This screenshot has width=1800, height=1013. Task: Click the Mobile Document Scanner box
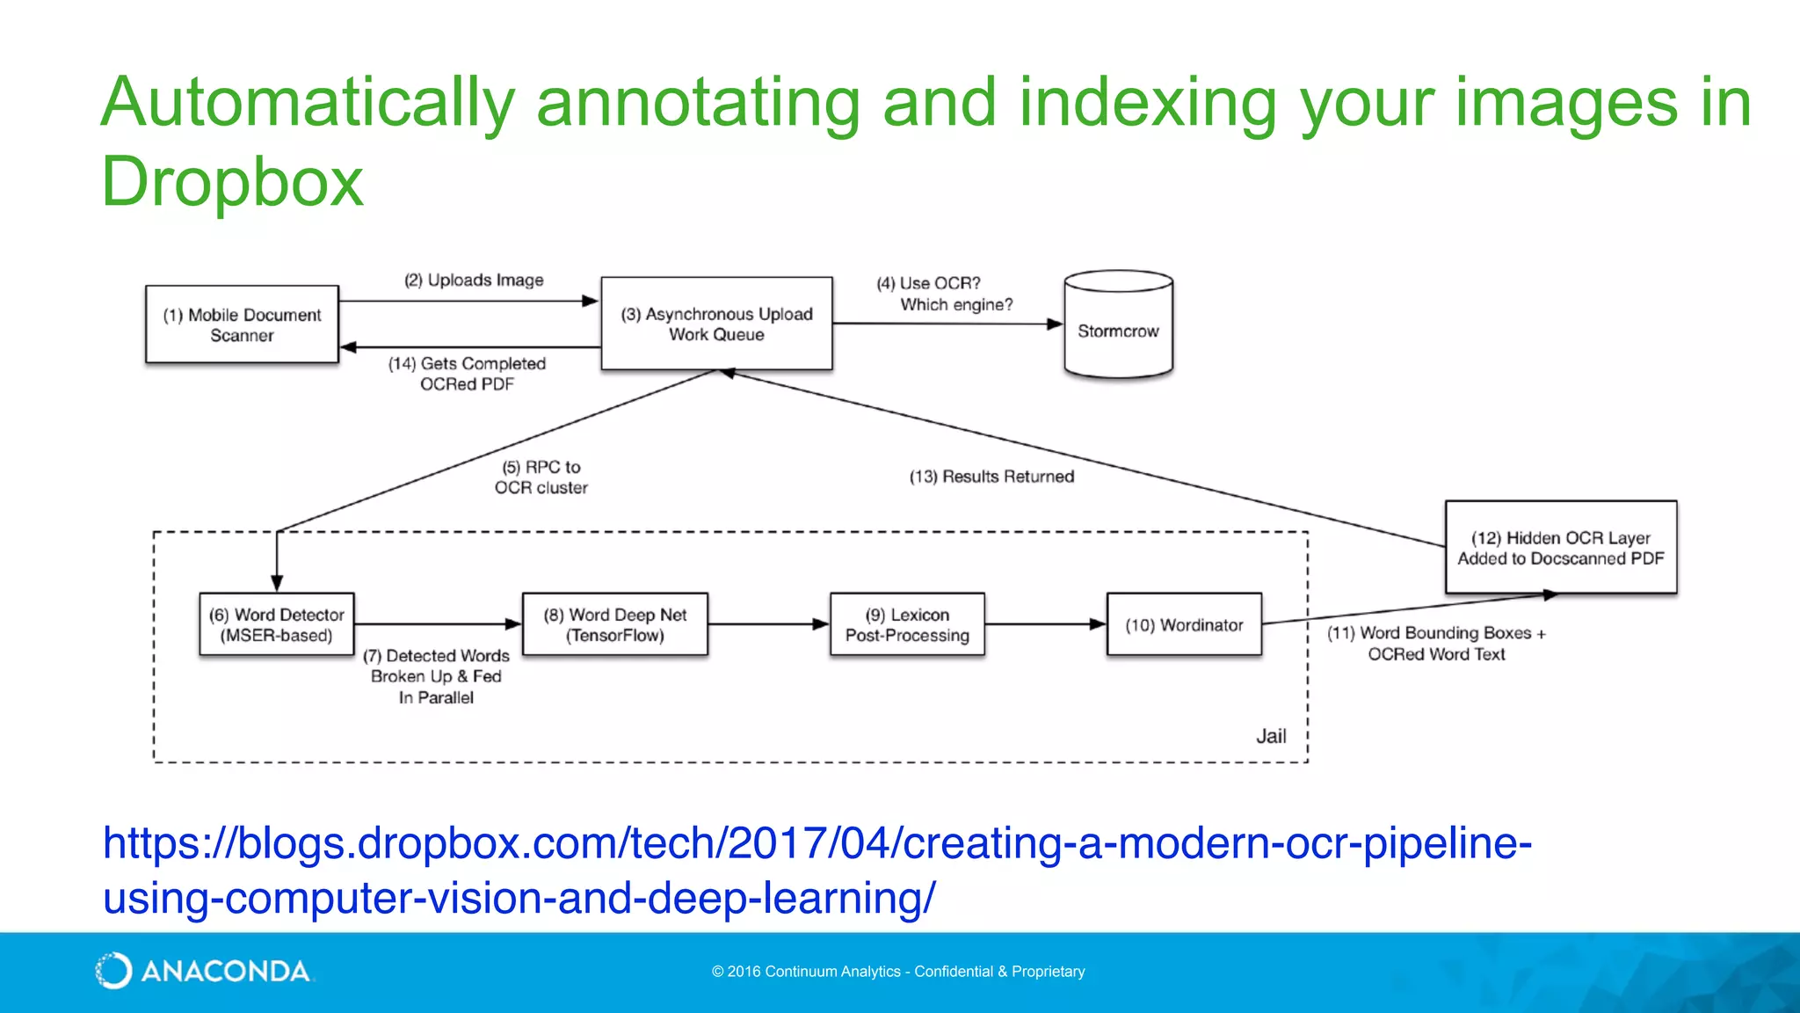[242, 324]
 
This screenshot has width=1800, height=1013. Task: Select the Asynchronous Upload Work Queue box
[716, 324]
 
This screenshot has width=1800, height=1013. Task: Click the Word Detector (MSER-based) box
[276, 625]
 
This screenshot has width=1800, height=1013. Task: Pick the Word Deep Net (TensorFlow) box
[614, 625]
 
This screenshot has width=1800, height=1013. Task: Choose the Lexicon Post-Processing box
[907, 625]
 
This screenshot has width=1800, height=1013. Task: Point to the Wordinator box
[1184, 625]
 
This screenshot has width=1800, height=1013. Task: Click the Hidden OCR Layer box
[1560, 548]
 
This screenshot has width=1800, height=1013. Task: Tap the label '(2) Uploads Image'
[474, 281]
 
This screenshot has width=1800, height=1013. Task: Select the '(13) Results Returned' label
[991, 477]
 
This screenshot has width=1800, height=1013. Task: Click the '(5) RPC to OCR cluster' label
[541, 477]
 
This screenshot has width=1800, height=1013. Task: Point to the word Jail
[1271, 737]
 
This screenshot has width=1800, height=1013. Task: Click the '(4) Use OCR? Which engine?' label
[945, 294]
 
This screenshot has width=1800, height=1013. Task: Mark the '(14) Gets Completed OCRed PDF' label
[467, 374]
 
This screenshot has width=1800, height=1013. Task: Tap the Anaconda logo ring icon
[113, 971]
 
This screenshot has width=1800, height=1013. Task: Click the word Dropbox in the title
[232, 182]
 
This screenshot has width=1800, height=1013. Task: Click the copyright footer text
[898, 972]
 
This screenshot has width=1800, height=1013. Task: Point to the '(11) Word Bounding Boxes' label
[1436, 644]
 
